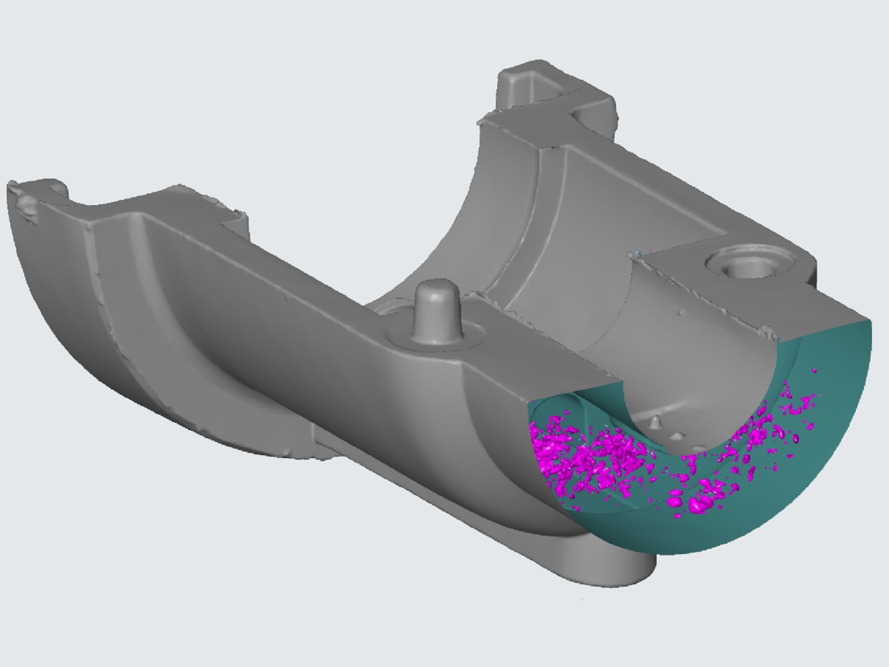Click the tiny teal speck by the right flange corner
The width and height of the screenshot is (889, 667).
point(636,254)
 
